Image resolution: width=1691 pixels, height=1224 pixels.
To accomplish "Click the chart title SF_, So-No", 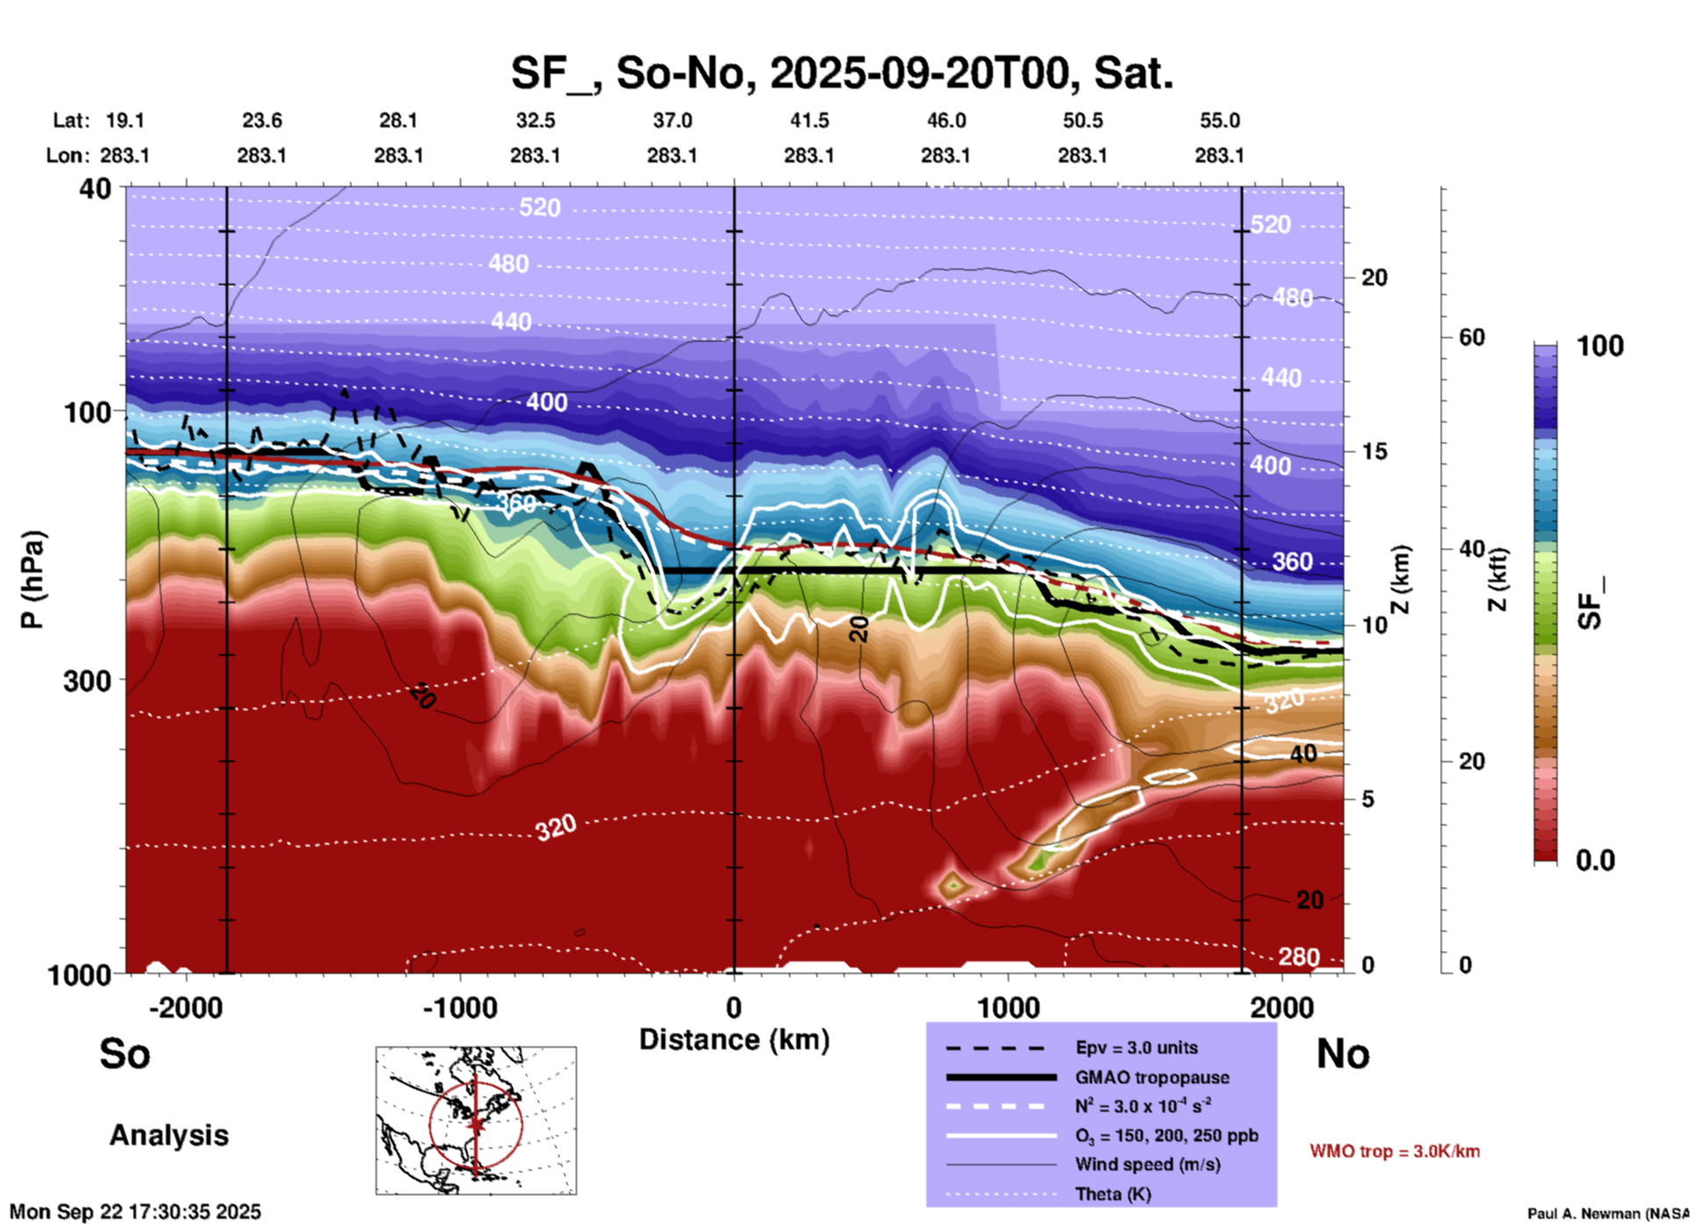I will (x=841, y=73).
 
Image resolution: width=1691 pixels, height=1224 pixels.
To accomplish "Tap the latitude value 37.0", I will (x=672, y=120).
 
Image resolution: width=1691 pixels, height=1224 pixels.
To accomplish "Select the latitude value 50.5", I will (x=1082, y=120).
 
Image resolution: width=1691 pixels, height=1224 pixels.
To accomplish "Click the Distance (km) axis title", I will (x=734, y=1040).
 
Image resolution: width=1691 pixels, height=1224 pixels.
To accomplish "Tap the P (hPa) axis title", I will (x=32, y=580).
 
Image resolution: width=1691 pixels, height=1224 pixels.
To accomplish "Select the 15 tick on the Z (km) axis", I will (x=1374, y=451).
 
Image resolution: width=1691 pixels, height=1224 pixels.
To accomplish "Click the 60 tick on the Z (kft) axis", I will (x=1472, y=337).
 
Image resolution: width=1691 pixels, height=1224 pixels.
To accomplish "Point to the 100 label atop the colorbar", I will (x=1600, y=346).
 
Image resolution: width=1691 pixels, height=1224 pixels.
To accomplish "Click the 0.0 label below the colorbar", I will (x=1595, y=860).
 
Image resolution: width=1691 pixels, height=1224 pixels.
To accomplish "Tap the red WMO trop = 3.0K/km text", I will (x=1394, y=1151).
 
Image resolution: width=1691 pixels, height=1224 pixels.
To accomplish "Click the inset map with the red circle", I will (x=476, y=1120).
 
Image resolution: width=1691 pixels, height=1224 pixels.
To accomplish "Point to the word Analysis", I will (x=169, y=1135).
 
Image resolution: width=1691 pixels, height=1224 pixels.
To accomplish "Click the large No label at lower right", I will (x=1342, y=1054).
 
